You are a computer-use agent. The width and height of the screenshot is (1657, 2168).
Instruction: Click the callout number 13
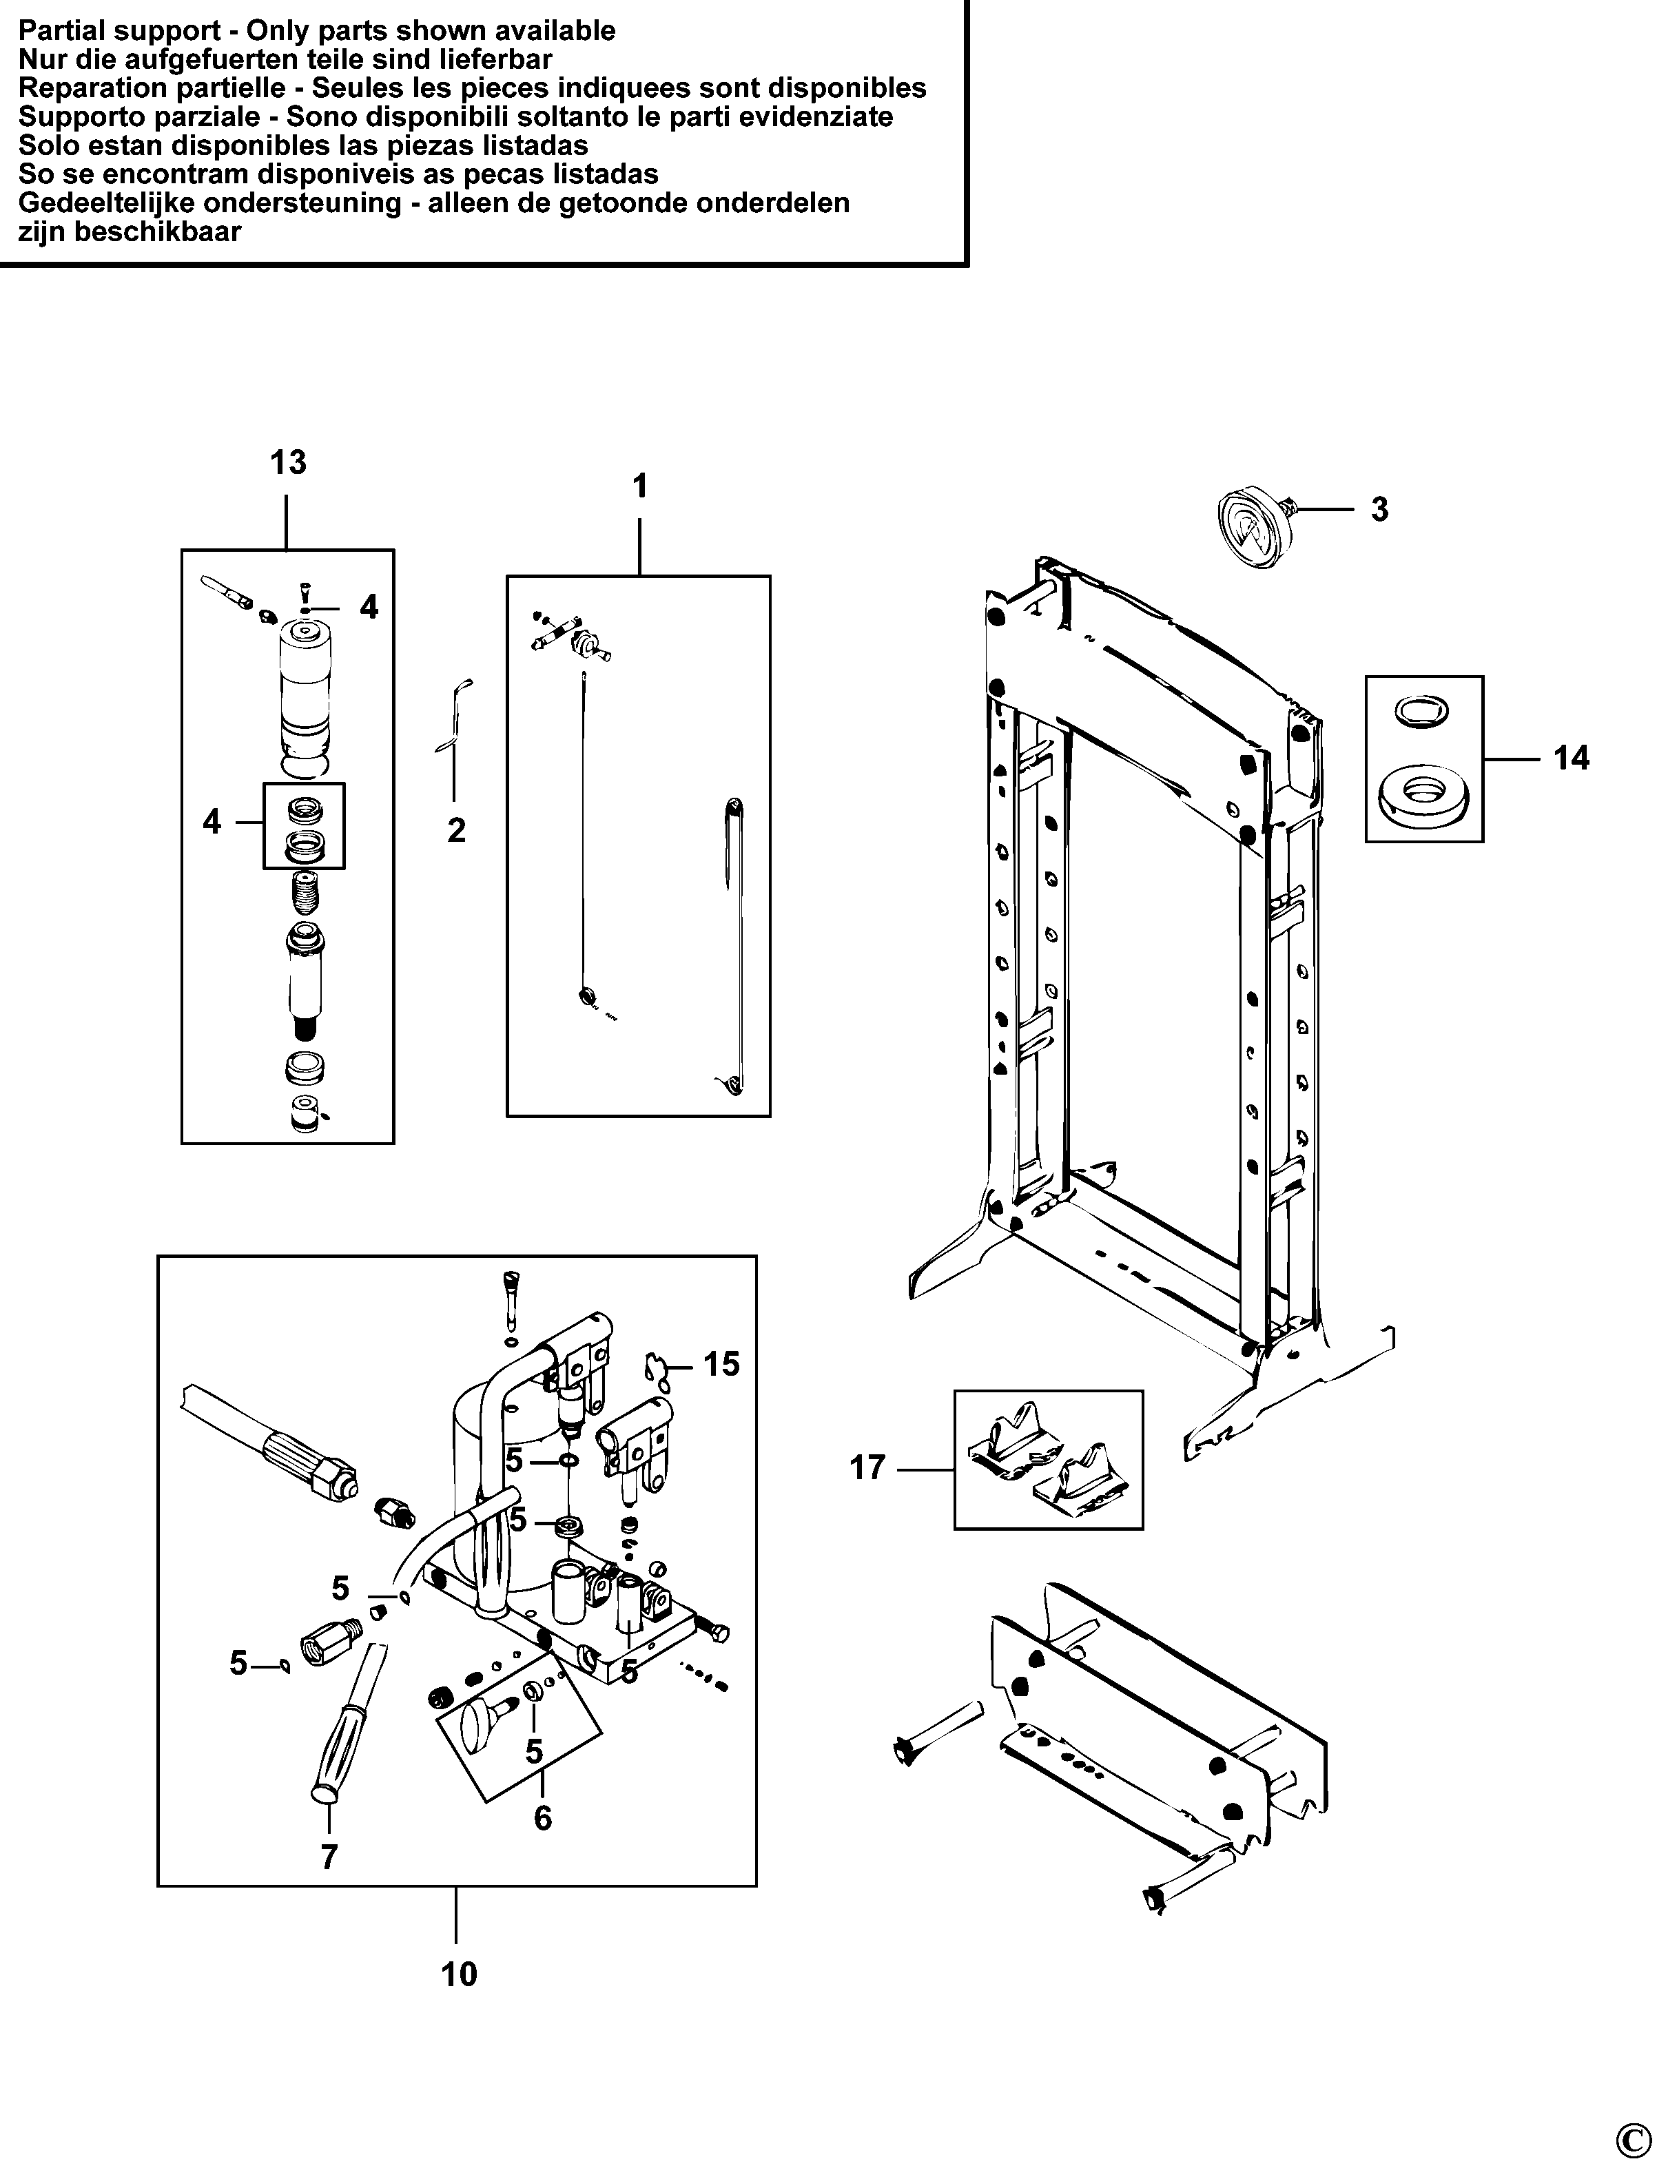pyautogui.click(x=288, y=462)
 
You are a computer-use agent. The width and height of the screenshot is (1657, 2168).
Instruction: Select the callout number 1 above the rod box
pyautogui.click(x=640, y=486)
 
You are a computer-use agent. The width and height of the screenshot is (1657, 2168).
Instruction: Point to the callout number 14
pyautogui.click(x=1571, y=758)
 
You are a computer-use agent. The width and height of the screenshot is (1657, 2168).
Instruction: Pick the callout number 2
pyautogui.click(x=455, y=831)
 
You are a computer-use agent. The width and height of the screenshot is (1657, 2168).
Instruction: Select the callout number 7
pyautogui.click(x=329, y=1857)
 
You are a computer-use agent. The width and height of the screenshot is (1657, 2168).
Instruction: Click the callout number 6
pyautogui.click(x=542, y=1818)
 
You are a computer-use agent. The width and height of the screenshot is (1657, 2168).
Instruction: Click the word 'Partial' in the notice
pyautogui.click(x=65, y=30)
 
